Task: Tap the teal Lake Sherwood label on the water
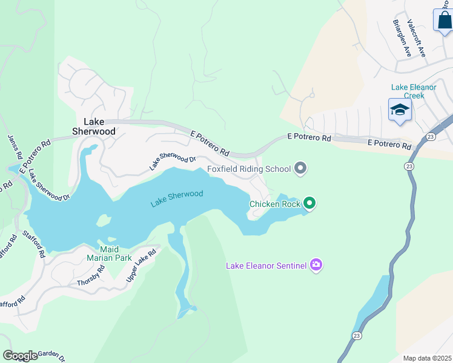[x=176, y=198]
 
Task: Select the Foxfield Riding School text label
[x=250, y=169]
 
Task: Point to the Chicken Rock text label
[x=274, y=204]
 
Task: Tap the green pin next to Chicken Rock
[x=309, y=203]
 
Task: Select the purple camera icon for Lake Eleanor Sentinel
[x=316, y=265]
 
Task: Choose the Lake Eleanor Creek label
[x=414, y=91]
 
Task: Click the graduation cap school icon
[x=400, y=111]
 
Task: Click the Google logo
[x=20, y=356]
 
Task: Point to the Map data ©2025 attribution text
[x=427, y=358]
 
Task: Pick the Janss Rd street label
[x=15, y=146]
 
